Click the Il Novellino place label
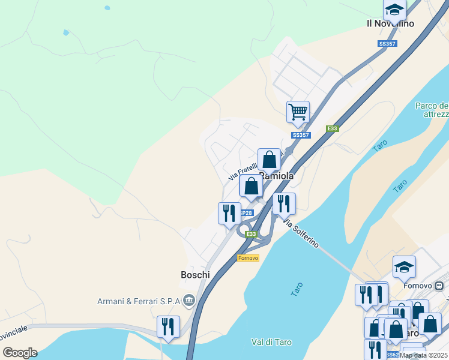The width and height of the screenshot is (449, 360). pos(390,23)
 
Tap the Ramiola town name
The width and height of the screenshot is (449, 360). pos(276,176)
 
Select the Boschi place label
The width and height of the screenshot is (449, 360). pos(195,275)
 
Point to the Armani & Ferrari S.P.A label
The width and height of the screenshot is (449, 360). pos(139,301)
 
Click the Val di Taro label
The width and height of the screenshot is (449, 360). pos(271,342)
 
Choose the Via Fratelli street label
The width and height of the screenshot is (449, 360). pos(243,172)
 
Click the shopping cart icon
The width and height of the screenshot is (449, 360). pos(298,112)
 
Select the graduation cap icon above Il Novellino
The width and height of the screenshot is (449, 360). pos(394,9)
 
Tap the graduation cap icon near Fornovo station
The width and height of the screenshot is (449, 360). pos(404,266)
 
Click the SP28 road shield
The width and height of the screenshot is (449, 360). pos(246,213)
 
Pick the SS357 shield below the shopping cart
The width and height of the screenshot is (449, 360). pos(300,136)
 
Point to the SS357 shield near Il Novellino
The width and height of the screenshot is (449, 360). pos(386,44)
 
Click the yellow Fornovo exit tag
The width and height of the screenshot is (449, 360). pos(248,258)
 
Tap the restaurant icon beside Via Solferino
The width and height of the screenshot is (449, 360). pos(284,203)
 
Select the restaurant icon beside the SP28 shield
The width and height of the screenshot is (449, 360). pos(229,213)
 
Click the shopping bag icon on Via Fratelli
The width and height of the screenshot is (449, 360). pos(270,160)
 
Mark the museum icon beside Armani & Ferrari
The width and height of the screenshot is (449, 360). pos(189,299)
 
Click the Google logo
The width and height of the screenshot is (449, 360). pos(20,353)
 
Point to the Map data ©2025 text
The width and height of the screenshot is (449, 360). pos(423,355)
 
